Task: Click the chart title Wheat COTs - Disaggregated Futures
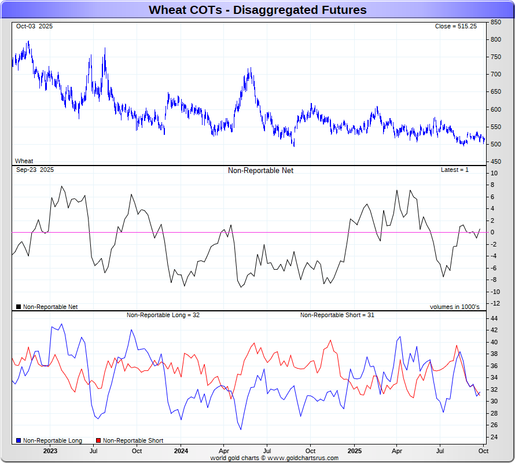pos(257,10)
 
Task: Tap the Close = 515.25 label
pos(456,27)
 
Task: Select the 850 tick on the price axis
pos(496,22)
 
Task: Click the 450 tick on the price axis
pos(496,161)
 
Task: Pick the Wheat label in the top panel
pos(24,161)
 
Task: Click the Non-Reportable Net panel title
pos(260,171)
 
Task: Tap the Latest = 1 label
pos(455,170)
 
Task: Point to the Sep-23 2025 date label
pos(35,170)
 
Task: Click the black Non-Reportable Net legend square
pos(19,307)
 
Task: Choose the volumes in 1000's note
pos(454,307)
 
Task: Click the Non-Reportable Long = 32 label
pos(163,315)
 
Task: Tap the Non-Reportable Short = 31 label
pos(337,315)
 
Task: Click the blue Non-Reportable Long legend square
pos(19,441)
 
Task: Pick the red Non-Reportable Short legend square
pos(98,441)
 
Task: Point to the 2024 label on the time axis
pos(181,451)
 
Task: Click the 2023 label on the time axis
pos(50,451)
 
